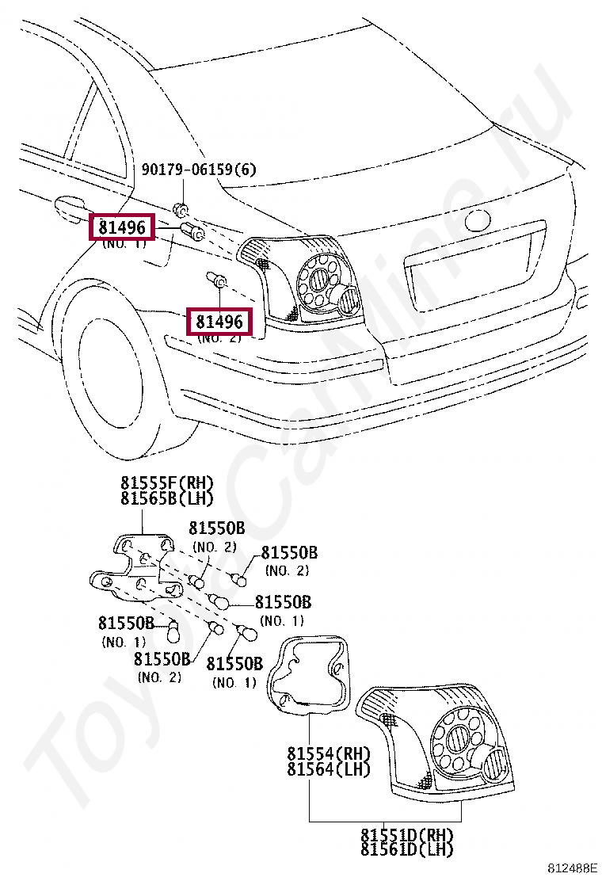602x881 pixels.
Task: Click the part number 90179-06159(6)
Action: tap(199, 170)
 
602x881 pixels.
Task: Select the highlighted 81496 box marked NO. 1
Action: tap(122, 228)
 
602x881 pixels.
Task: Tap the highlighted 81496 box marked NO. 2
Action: tap(219, 322)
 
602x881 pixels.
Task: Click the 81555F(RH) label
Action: tap(167, 483)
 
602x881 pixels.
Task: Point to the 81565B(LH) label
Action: tap(167, 498)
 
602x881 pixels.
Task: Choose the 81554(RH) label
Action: tap(329, 753)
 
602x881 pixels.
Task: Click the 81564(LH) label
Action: tap(329, 768)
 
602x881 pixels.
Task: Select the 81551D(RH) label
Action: tap(407, 835)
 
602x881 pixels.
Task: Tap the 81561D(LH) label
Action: tap(407, 849)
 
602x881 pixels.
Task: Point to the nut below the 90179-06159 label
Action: tap(181, 210)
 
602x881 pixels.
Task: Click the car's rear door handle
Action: tap(70, 207)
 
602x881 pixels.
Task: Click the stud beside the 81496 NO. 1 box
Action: tap(193, 232)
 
